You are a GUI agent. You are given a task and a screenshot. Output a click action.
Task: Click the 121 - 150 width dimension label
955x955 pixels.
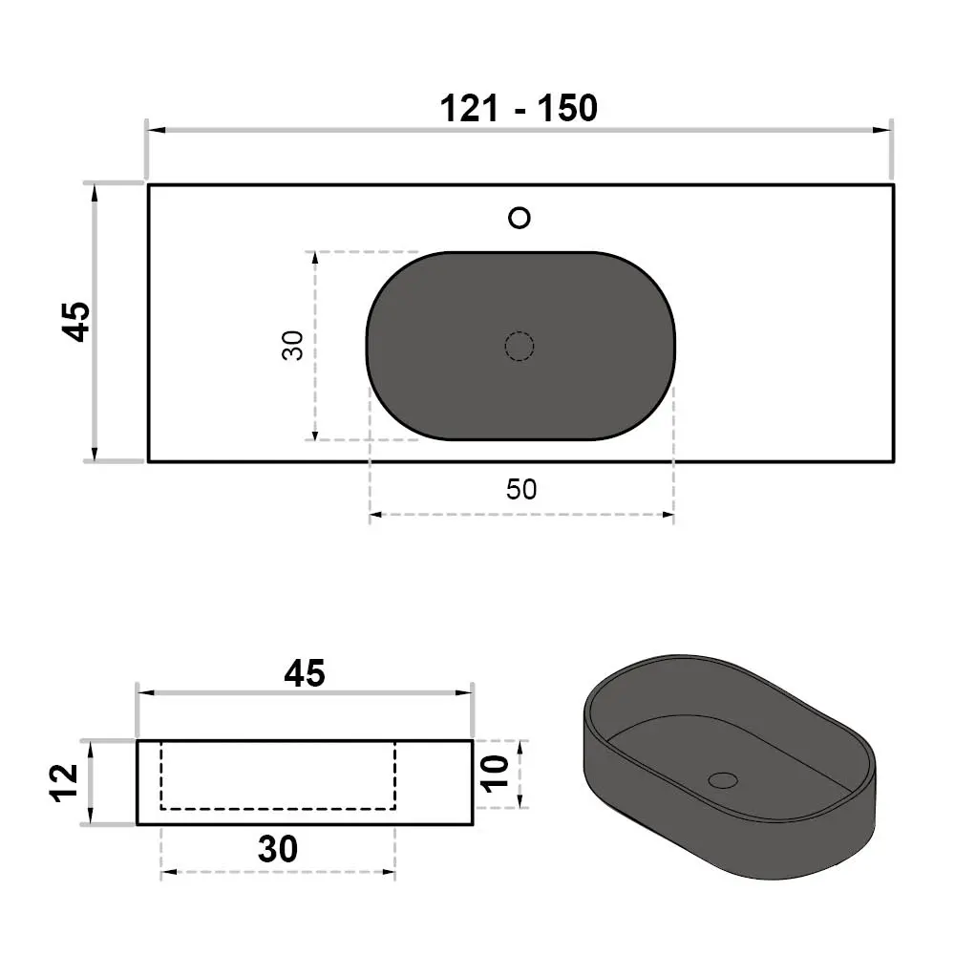point(519,109)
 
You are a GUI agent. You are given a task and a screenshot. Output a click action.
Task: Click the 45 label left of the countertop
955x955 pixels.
point(76,322)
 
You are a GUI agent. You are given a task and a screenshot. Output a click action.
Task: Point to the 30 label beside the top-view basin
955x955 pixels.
point(293,346)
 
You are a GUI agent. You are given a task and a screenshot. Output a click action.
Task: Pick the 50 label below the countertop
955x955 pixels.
point(521,489)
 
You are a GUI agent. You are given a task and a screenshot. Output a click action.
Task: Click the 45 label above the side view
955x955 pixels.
point(305,673)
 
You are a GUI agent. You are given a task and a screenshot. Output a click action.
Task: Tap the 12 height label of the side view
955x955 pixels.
point(65,783)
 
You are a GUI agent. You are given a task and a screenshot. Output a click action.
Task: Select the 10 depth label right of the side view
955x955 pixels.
point(495,775)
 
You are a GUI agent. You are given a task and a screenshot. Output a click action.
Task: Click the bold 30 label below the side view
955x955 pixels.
point(278,848)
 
